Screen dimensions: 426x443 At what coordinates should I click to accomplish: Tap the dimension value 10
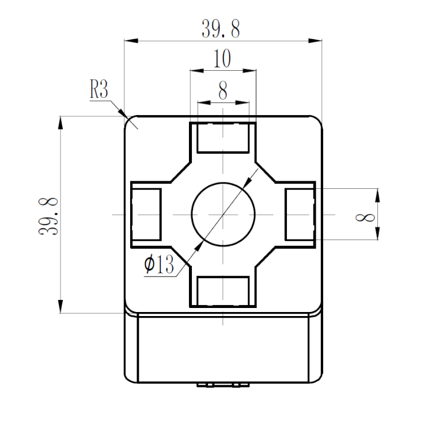tap(222, 59)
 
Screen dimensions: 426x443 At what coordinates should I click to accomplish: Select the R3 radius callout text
tap(99, 90)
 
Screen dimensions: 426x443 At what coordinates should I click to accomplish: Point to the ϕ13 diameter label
tap(159, 265)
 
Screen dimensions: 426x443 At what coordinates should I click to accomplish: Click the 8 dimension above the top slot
tap(223, 91)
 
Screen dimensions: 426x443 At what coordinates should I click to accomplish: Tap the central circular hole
tap(223, 214)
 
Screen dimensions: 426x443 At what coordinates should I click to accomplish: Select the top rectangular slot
tap(223, 138)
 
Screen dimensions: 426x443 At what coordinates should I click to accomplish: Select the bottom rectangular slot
tap(223, 291)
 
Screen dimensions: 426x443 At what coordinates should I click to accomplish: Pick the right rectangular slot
tap(300, 214)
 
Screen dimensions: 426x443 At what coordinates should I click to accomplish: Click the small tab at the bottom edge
tap(222, 385)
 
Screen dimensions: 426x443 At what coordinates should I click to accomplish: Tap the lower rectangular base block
tap(223, 348)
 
